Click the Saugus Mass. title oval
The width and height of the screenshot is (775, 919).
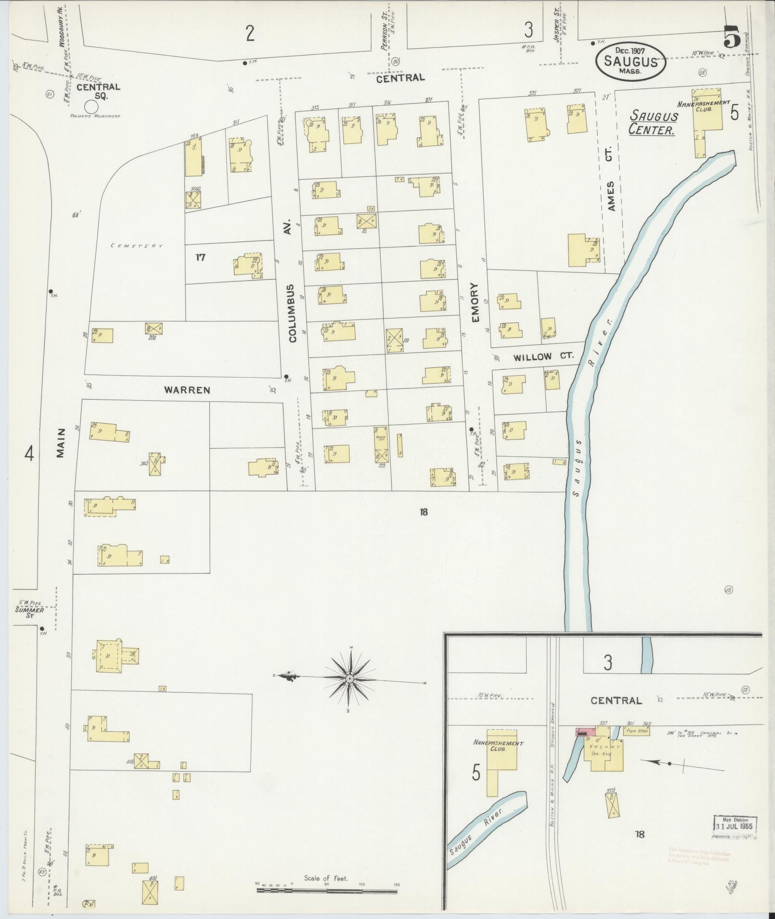630,61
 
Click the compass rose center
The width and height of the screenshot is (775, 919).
350,678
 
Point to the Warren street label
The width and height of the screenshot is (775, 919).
187,390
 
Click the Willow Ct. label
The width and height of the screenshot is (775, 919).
536,357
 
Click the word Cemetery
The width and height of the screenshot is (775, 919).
137,245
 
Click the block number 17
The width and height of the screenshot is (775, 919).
200,257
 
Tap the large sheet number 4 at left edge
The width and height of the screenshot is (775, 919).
30,453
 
